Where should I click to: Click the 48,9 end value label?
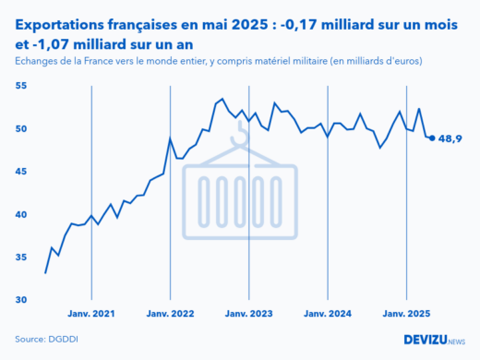(450, 138)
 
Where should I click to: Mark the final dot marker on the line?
(433, 138)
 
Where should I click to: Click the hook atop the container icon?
(241, 137)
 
